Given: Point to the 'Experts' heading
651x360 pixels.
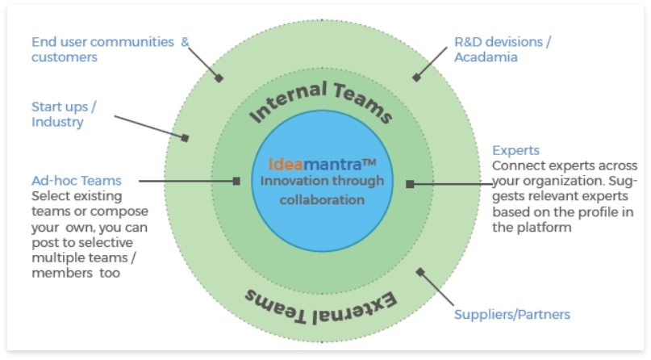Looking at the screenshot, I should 515,151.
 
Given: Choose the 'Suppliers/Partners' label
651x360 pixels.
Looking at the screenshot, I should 512,314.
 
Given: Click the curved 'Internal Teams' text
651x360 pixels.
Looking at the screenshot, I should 321,100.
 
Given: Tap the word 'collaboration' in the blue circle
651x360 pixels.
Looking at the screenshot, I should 322,199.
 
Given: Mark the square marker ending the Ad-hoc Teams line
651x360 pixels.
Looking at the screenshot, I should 236,181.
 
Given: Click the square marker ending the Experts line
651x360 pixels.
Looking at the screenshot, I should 410,184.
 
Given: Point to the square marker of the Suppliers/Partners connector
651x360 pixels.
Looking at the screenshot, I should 418,271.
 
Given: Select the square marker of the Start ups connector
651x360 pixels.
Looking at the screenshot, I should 186,138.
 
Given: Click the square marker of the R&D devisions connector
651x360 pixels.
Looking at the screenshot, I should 416,77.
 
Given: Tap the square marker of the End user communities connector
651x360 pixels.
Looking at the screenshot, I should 218,77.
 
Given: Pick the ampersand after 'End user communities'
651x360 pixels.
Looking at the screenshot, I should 184,41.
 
